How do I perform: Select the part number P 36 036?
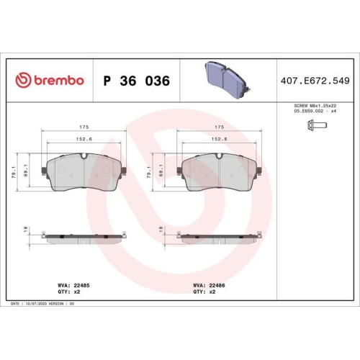pyautogui.click(x=137, y=81)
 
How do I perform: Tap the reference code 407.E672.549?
pyautogui.click(x=315, y=81)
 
